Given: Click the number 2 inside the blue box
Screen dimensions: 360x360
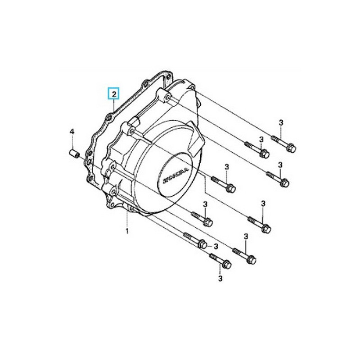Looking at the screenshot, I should [115, 94].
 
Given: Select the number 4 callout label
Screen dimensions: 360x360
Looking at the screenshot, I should [71, 131].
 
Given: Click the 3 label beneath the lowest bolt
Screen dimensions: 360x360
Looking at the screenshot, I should [220, 279].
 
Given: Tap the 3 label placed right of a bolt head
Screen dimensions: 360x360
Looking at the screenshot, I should [216, 246].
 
